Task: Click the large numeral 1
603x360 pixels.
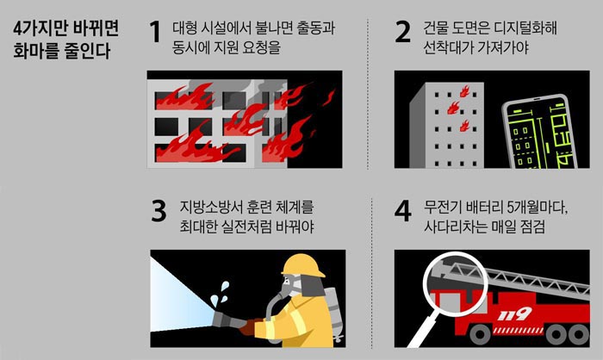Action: (155, 32)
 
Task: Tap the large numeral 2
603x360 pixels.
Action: (402, 32)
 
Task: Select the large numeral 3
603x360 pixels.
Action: (159, 211)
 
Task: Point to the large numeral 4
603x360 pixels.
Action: (402, 211)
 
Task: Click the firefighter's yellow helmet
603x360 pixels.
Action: (303, 265)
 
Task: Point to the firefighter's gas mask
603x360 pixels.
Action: (290, 286)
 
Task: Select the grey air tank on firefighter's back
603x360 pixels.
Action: (334, 313)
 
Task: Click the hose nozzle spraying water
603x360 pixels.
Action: (231, 321)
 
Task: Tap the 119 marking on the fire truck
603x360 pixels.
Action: (514, 314)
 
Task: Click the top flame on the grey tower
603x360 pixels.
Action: (464, 91)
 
